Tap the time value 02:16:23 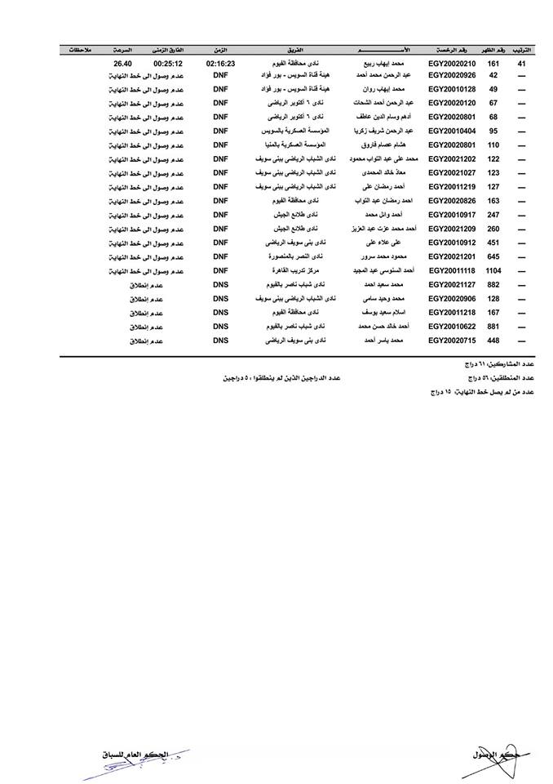(220, 62)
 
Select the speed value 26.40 (123, 62)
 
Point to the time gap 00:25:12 (168, 62)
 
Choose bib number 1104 (493, 270)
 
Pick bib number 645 (493, 256)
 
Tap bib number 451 (493, 243)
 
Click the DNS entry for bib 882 (220, 284)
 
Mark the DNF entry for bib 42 (220, 76)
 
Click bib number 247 (493, 215)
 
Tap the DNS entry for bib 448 (220, 340)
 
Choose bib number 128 (493, 298)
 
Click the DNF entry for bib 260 (220, 229)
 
